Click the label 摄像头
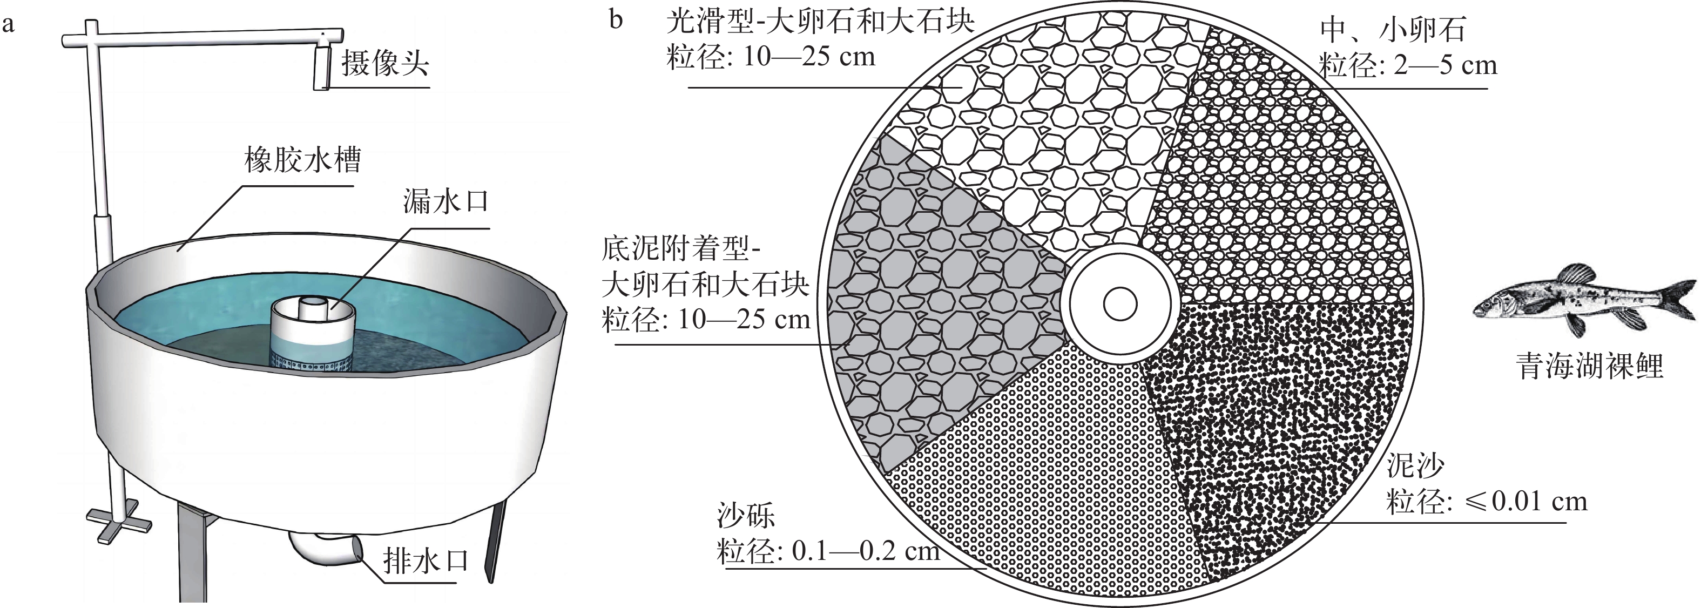pyautogui.click(x=385, y=65)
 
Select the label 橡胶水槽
pyautogui.click(x=303, y=160)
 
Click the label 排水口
pyautogui.click(x=426, y=562)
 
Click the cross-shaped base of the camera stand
pyautogui.click(x=119, y=522)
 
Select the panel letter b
pyautogui.click(x=616, y=20)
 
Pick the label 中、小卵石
pyautogui.click(x=1392, y=30)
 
